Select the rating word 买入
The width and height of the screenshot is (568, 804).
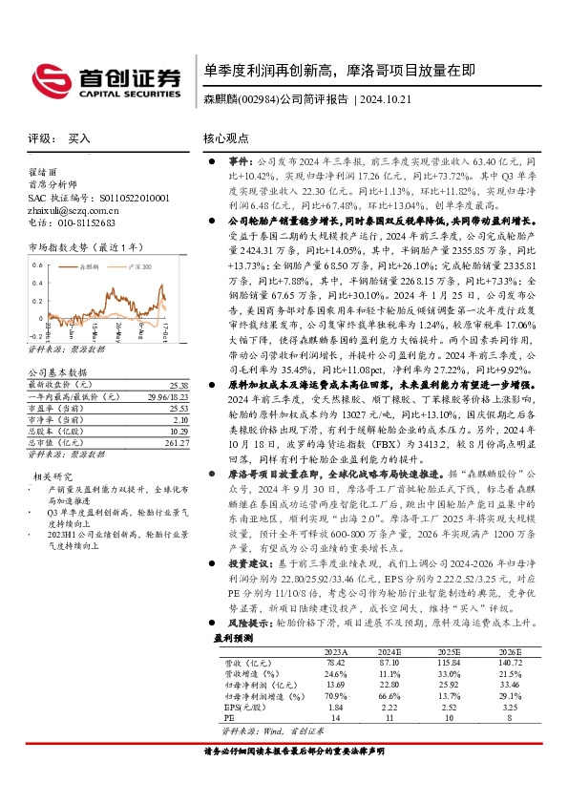pyautogui.click(x=79, y=138)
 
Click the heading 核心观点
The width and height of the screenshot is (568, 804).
pyautogui.click(x=226, y=138)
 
